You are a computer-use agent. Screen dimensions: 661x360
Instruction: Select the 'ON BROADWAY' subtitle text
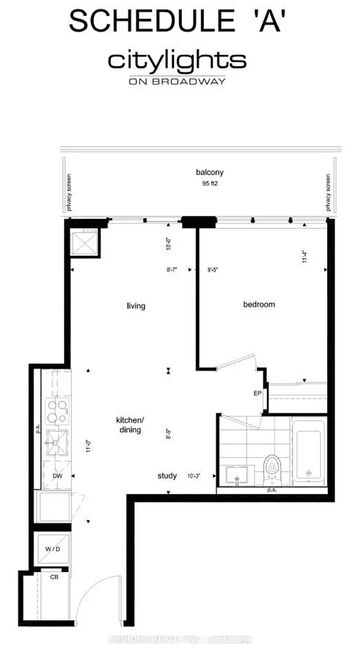coord(177,81)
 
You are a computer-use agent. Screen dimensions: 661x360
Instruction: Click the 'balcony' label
coord(206,173)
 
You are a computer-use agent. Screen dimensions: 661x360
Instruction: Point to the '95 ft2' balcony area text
coord(206,183)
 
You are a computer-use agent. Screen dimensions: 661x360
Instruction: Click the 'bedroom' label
coord(259,304)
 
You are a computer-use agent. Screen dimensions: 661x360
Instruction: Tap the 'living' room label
coord(136,306)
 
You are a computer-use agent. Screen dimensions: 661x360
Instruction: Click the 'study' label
coord(167,476)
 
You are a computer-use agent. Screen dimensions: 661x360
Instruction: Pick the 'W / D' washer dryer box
coord(53,549)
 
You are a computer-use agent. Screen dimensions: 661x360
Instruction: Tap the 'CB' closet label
coord(54,577)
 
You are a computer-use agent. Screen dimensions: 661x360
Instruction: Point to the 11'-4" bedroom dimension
coord(305,257)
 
